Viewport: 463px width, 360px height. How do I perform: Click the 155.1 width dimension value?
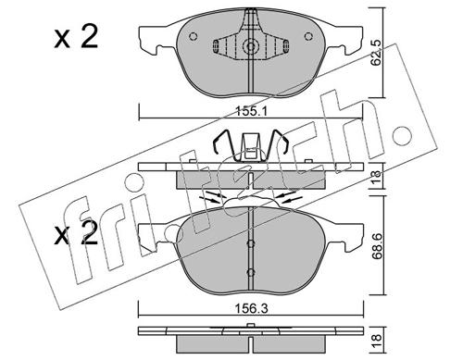pos(251,111)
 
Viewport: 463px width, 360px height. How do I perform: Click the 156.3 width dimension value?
pos(251,308)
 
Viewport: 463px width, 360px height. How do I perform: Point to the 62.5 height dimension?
pos(376,53)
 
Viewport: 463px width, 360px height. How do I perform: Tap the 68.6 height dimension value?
pos(378,246)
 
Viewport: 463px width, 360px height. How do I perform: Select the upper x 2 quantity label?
pos(76,37)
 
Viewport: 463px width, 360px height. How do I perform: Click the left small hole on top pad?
pos(194,36)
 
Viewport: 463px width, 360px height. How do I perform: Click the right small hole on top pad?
pos(308,36)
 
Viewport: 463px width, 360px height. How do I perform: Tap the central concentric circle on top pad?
pos(251,46)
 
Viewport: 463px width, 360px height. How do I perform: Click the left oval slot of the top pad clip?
pos(216,46)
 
